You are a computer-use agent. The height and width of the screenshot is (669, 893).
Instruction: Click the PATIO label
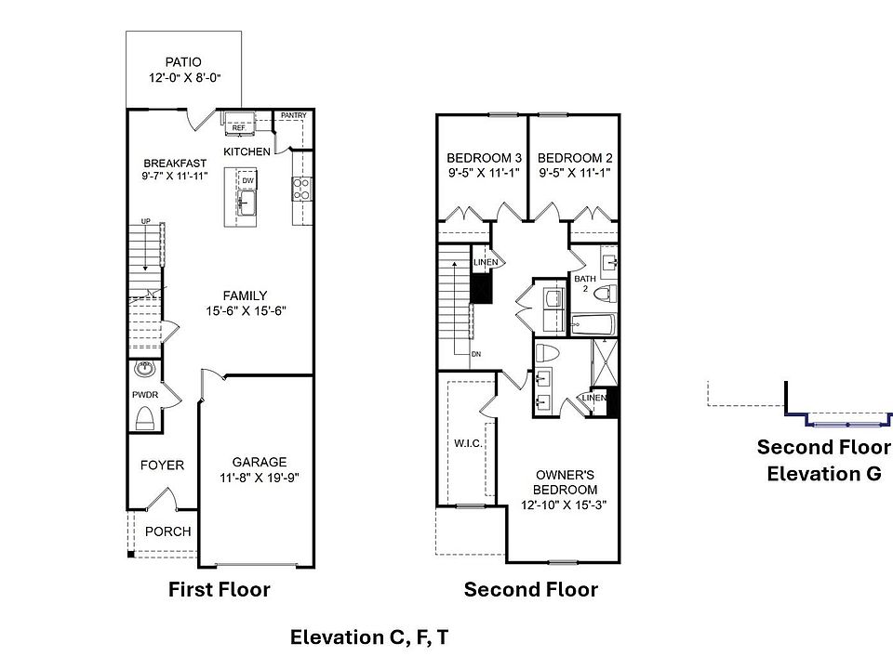(183, 62)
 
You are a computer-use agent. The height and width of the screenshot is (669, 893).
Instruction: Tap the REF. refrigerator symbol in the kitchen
(239, 123)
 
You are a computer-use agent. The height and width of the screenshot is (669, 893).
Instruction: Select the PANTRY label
(294, 115)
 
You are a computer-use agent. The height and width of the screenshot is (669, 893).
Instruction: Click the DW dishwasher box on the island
(247, 180)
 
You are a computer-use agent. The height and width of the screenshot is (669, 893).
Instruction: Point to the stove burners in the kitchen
(301, 190)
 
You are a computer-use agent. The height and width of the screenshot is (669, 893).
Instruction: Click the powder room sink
(145, 369)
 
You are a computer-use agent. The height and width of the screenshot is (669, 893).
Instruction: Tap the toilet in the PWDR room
(145, 419)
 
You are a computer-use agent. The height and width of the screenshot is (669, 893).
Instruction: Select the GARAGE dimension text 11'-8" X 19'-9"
(260, 478)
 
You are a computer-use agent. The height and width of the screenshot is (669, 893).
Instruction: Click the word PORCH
(168, 531)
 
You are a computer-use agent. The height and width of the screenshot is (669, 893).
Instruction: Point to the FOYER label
(162, 466)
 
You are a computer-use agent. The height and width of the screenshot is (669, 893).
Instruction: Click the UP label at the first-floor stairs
(146, 221)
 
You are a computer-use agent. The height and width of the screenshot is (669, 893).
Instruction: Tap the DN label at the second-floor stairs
(476, 354)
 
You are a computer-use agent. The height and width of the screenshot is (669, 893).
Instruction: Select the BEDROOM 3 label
(484, 158)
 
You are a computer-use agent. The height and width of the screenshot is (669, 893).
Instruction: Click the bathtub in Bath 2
(593, 324)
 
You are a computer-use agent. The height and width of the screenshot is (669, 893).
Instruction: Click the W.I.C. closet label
(468, 443)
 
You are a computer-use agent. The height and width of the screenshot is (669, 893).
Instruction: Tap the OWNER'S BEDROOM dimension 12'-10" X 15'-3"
(564, 505)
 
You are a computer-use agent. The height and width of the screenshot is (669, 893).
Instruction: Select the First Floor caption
(220, 589)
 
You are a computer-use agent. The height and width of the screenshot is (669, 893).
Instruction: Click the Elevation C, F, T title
(369, 637)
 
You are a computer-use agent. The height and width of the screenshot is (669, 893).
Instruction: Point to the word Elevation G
(824, 473)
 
